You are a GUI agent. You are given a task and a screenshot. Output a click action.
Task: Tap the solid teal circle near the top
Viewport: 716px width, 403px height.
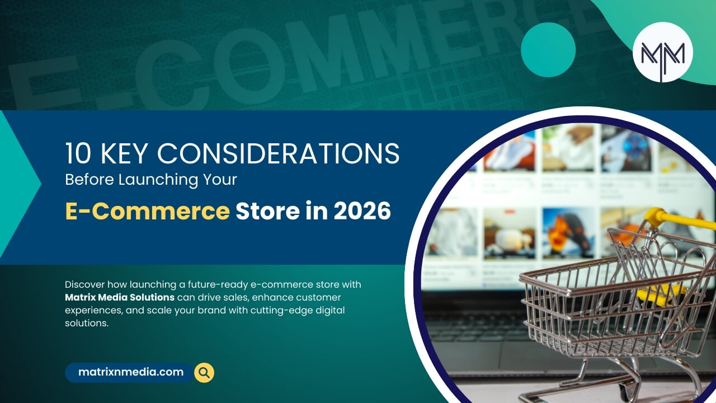coord(548,50)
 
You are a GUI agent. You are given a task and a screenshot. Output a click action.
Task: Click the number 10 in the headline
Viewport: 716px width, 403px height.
coord(78,153)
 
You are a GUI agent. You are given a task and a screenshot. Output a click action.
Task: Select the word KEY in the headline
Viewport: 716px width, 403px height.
coord(126,153)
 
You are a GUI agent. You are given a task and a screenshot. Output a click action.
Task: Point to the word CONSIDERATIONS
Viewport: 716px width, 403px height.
coord(278,153)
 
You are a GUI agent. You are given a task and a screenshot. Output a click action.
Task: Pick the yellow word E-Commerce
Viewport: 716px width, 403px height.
coord(147,211)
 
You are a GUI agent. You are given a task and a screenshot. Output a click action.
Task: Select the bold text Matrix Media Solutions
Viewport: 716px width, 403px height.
coord(120,297)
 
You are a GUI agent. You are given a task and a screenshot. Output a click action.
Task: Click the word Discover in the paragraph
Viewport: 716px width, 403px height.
coord(84,285)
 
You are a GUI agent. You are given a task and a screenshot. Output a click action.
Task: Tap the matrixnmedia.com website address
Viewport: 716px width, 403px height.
coord(131,372)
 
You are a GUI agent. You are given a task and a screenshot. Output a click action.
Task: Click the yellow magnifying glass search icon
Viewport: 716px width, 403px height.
coord(204,373)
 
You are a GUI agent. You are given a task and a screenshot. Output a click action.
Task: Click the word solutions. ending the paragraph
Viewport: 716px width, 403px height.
coord(87,324)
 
